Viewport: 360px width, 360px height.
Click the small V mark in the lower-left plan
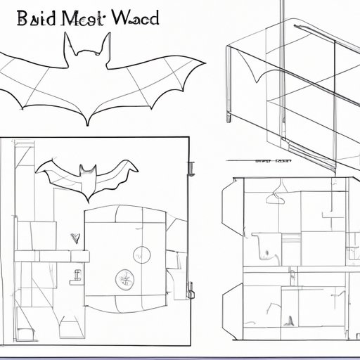(72, 237)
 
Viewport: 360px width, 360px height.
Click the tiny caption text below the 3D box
(274, 161)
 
